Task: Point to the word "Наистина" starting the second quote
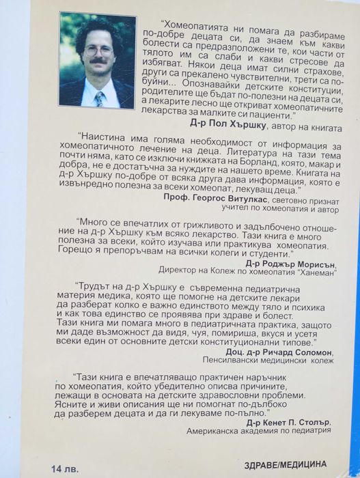click(105, 135)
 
